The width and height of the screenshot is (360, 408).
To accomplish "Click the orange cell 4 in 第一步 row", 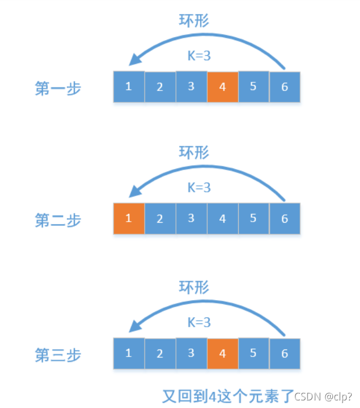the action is point(222,87).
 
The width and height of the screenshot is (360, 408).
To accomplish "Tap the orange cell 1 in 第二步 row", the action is point(129,219).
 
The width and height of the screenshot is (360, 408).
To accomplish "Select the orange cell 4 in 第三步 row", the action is point(222,353).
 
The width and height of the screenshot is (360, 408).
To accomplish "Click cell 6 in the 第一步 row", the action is point(285,87).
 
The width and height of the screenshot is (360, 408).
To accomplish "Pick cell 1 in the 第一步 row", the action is point(129,87).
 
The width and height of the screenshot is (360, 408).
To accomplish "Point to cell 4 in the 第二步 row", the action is point(222,219).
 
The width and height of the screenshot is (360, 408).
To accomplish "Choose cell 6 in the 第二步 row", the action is point(285,219).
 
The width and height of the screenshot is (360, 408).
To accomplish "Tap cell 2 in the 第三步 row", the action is point(160,353).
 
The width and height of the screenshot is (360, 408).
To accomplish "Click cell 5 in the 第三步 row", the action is point(253,353).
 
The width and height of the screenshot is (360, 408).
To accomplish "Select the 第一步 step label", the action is point(58,88).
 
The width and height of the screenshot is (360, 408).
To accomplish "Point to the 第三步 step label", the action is point(58,355).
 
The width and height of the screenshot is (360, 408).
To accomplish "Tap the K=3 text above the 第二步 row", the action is point(199,188).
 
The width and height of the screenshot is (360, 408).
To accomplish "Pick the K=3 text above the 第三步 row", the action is point(199,322).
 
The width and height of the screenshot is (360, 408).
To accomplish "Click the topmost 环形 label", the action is point(194,21).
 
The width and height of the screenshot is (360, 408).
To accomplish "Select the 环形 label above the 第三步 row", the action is point(194,287).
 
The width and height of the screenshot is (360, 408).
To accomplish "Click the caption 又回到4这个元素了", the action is point(228,394).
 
